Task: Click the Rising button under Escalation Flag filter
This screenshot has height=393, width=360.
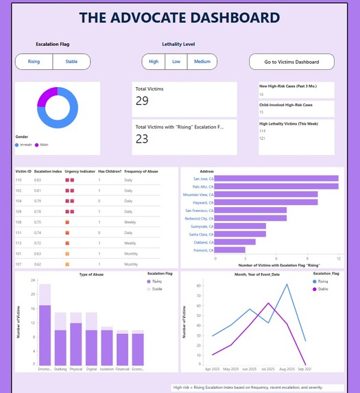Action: [34, 62]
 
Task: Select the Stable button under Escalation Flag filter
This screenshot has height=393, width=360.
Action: [71, 62]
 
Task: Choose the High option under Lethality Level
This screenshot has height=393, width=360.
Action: [154, 62]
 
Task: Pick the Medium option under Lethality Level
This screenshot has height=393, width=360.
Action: [202, 62]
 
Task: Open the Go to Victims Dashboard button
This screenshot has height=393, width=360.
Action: [291, 62]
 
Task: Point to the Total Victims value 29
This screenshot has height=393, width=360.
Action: [143, 101]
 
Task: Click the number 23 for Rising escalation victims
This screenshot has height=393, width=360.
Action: [143, 139]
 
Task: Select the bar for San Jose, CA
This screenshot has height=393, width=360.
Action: [277, 179]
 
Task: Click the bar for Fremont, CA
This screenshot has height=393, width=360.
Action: [230, 250]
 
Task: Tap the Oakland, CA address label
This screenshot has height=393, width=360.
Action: [204, 241]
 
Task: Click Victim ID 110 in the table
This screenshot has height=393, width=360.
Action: [20, 180]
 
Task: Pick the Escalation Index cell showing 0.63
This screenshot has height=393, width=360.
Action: [38, 254]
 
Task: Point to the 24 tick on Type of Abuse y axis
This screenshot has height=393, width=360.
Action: [33, 281]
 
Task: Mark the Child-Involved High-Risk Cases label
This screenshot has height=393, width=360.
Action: [285, 104]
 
